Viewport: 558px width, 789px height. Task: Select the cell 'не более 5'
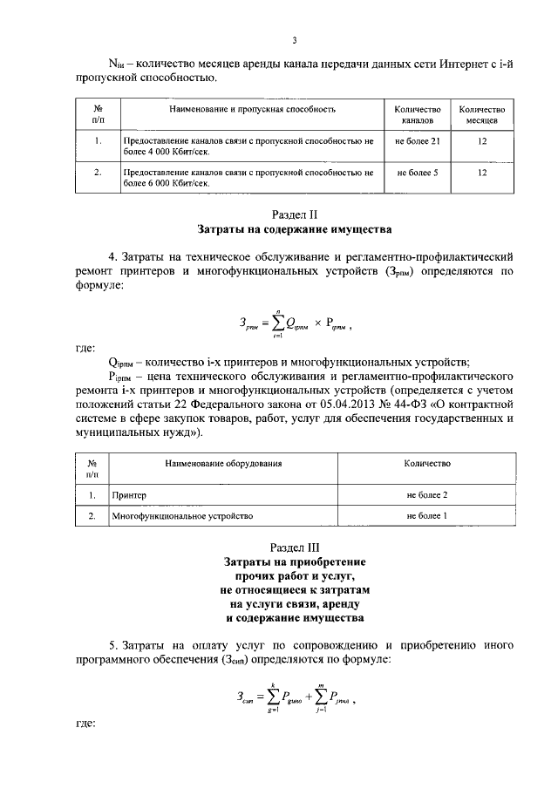[x=417, y=173]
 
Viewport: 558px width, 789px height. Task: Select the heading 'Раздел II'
[x=295, y=214]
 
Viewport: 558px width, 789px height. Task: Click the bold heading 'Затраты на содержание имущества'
[x=295, y=230]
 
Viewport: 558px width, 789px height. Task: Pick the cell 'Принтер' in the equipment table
[x=129, y=494]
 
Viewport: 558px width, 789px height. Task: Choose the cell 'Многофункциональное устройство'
[x=181, y=516]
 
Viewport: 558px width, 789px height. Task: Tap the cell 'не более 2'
[x=426, y=494]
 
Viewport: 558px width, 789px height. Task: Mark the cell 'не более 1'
[x=426, y=516]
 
